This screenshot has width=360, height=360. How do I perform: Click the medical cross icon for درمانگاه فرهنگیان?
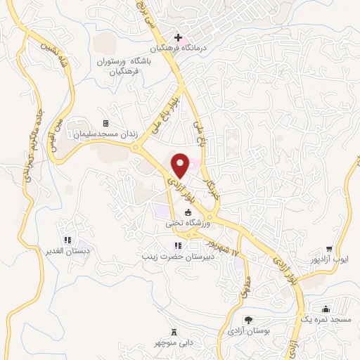(x=179, y=37)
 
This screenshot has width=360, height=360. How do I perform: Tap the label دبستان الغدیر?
(x=69, y=251)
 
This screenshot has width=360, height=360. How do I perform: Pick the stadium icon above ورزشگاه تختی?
(x=188, y=212)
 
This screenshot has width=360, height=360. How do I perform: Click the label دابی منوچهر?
(x=174, y=345)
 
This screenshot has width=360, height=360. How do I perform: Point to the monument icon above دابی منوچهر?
(x=174, y=333)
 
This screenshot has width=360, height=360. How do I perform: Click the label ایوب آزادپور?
(x=329, y=260)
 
